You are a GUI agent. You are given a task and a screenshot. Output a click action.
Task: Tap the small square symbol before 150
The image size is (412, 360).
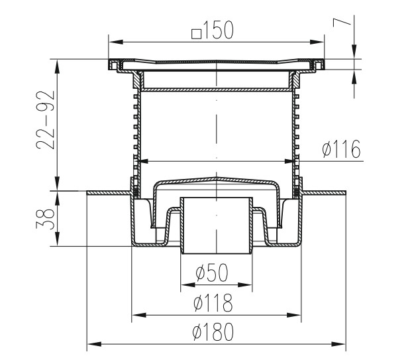click(x=196, y=34)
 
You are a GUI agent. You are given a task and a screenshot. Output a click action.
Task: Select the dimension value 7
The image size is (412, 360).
click(x=342, y=23)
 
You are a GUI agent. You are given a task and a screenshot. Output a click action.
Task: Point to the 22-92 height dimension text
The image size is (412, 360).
click(x=46, y=120)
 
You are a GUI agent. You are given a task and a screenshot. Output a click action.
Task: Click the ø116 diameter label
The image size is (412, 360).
click(x=341, y=149)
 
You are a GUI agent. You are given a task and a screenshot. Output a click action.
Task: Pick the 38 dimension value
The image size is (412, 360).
click(x=46, y=219)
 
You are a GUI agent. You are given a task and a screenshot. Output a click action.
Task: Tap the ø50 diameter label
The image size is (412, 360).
click(x=212, y=272)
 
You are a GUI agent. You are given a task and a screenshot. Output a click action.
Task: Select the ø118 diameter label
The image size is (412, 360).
click(x=213, y=302)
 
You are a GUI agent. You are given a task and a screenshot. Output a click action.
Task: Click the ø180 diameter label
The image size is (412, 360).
click(x=213, y=332)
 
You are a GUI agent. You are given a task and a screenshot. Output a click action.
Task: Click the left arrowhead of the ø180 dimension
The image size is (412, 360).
click(x=94, y=344)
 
